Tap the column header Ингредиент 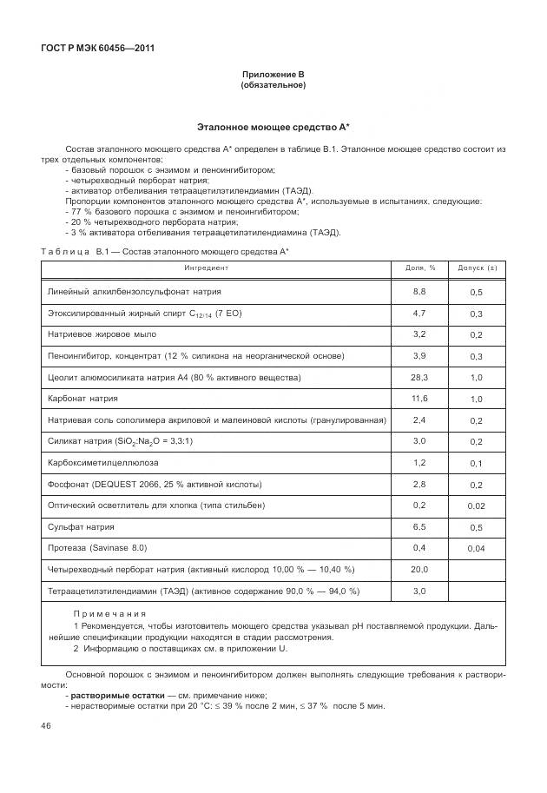207,268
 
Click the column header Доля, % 421,268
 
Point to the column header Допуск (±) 477,268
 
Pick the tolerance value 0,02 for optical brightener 477,506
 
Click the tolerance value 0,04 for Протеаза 477,550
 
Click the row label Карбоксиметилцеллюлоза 103,463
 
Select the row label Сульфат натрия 81,527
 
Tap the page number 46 46,725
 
